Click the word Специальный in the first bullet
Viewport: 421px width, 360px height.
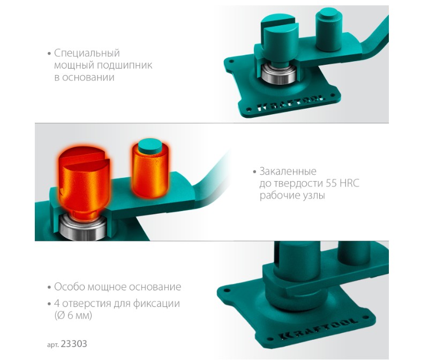click(x=87, y=54)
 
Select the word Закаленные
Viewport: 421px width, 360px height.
click(x=288, y=171)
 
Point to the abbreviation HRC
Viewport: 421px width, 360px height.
click(x=349, y=183)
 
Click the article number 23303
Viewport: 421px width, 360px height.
click(x=74, y=344)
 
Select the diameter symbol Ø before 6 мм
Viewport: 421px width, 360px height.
click(x=61, y=315)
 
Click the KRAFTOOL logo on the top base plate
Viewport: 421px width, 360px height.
click(x=290, y=103)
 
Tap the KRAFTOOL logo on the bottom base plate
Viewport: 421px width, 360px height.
click(x=319, y=328)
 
